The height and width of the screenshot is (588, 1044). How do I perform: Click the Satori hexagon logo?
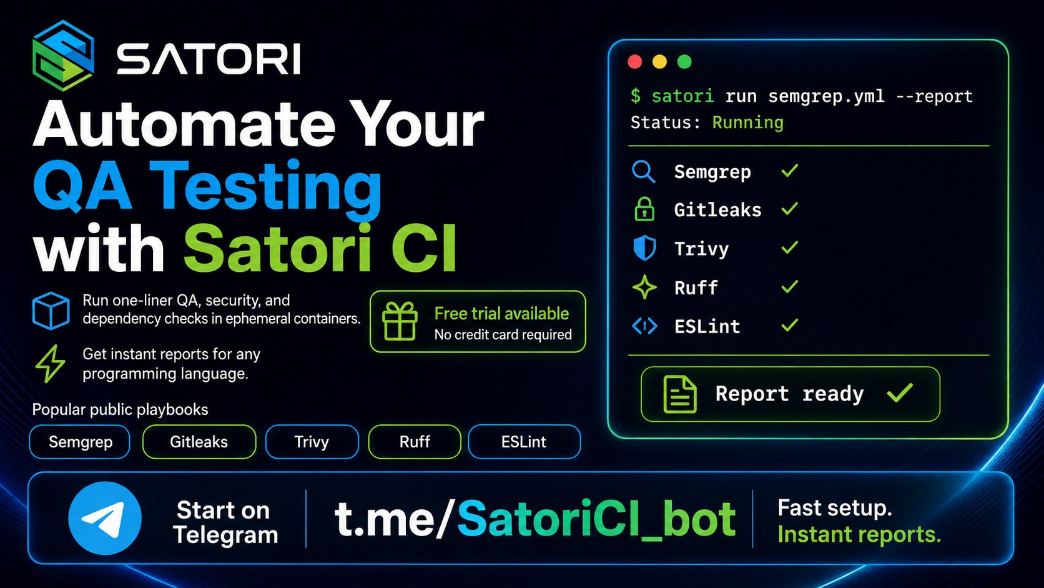point(64,56)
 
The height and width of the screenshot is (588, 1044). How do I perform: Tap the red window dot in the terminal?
point(635,62)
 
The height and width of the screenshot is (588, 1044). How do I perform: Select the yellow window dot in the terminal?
point(659,62)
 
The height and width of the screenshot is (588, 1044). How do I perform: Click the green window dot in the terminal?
point(684,62)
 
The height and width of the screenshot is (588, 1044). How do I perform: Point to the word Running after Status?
point(747,122)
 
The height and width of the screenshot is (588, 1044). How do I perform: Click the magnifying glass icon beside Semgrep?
point(644,172)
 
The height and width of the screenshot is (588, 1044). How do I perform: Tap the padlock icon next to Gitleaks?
point(644,209)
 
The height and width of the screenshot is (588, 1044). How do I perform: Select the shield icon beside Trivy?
point(644,247)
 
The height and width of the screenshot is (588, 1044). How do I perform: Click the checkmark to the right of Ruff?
point(789,286)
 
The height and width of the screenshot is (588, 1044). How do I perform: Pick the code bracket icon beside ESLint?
point(644,326)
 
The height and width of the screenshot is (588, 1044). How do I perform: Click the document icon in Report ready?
point(679,394)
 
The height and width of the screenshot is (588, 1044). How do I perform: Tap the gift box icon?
point(400,321)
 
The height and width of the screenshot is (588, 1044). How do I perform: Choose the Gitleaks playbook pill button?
point(199,442)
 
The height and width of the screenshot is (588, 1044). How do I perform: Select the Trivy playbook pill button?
point(312,442)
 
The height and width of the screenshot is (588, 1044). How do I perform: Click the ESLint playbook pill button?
point(524,442)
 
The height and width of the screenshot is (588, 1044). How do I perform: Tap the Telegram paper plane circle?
point(105,518)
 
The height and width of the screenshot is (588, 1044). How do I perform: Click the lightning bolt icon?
point(51,364)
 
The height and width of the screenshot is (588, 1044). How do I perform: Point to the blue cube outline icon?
point(51,311)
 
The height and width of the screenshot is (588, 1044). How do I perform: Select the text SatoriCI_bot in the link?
point(596,519)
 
